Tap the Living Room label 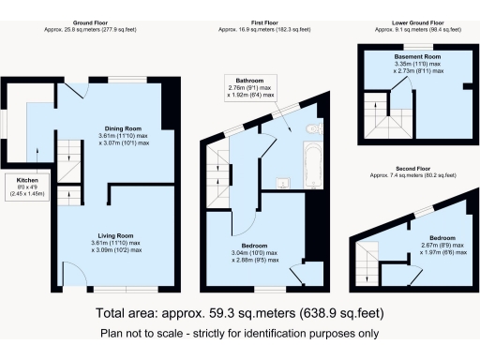(x=122, y=235)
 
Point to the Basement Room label (x=416, y=56)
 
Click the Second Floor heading (x=413, y=169)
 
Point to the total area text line (x=239, y=312)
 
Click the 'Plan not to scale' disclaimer (x=239, y=333)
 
